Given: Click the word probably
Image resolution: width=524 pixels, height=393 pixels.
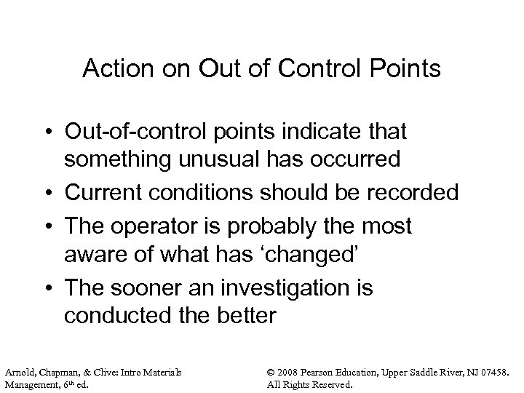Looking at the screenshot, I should coord(263,227).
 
